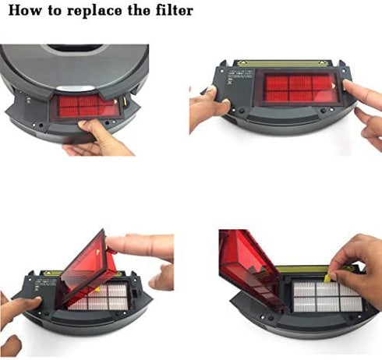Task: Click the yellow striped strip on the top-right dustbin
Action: [x=292, y=64]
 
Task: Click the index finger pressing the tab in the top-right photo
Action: [x=359, y=92]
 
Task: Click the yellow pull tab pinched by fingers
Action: [x=332, y=274]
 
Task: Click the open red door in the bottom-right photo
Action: [x=245, y=269]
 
